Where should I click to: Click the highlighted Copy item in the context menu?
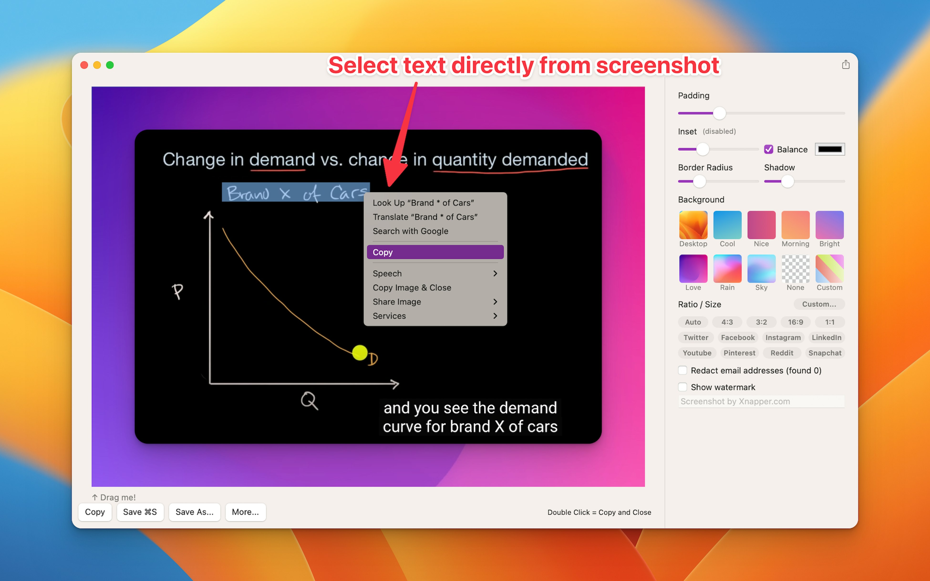435,252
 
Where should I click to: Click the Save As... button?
194,512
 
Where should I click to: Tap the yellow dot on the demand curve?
359,352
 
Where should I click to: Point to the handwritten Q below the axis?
309,401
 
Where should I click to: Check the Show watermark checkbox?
682,387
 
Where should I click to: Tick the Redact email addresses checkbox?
682,370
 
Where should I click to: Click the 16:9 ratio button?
795,322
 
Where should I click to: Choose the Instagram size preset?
783,337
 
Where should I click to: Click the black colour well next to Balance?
829,149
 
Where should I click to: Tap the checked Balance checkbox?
768,149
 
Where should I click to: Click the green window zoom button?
110,65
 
